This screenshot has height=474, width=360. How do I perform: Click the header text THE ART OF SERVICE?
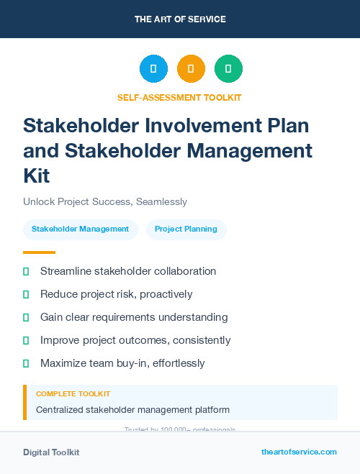pyautogui.click(x=179, y=19)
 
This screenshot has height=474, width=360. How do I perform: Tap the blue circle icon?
pyautogui.click(x=153, y=68)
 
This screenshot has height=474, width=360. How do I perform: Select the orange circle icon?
pyautogui.click(x=191, y=68)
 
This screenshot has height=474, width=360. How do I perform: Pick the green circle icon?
pyautogui.click(x=228, y=68)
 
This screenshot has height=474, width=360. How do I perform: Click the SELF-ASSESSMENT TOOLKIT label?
pyautogui.click(x=179, y=97)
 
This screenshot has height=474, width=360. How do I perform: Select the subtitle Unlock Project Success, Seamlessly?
pyautogui.click(x=105, y=202)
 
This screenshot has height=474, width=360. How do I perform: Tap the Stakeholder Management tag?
pyautogui.click(x=80, y=229)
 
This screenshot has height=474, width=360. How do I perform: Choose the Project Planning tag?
pyautogui.click(x=186, y=229)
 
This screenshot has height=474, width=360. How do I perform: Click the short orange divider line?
pyautogui.click(x=39, y=252)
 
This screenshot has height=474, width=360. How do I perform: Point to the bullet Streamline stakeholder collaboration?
pyautogui.click(x=128, y=271)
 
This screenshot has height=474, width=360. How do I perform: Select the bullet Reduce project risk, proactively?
pyautogui.click(x=116, y=294)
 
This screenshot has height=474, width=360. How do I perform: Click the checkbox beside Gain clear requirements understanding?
pyautogui.click(x=26, y=317)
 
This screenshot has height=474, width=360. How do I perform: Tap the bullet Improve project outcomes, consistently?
pyautogui.click(x=135, y=340)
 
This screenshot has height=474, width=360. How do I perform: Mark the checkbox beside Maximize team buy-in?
pyautogui.click(x=26, y=363)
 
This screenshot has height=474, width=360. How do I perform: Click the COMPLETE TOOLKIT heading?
pyautogui.click(x=73, y=394)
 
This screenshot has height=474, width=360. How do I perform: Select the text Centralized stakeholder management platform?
pyautogui.click(x=132, y=410)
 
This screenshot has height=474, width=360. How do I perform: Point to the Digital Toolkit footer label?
pyautogui.click(x=51, y=452)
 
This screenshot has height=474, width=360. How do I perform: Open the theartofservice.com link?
pyautogui.click(x=299, y=452)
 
